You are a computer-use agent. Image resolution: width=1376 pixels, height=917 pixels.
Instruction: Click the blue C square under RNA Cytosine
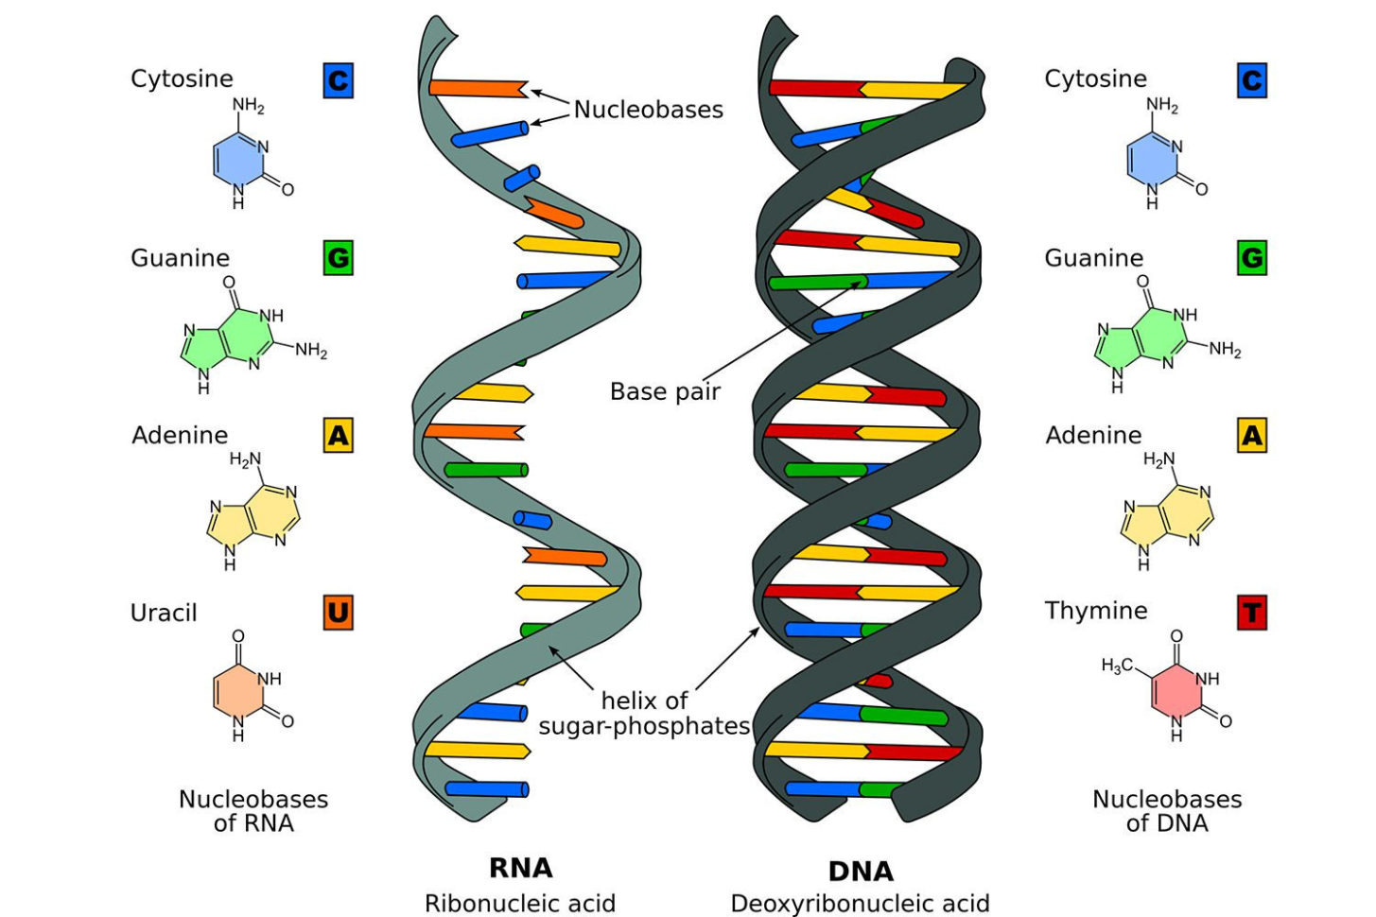point(338,80)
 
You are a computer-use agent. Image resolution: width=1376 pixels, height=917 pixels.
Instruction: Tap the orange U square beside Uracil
point(338,613)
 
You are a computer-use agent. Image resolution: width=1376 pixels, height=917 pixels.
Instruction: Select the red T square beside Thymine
point(1251,613)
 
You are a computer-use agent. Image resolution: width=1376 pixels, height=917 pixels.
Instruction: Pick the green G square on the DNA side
point(1251,258)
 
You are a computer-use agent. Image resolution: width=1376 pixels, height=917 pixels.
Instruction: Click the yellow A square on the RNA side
point(338,436)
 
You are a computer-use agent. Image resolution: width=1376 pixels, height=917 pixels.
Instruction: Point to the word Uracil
point(164,613)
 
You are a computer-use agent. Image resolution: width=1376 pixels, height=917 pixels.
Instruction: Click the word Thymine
point(1095,611)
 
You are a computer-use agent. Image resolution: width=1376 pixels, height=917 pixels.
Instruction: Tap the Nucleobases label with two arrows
point(648,110)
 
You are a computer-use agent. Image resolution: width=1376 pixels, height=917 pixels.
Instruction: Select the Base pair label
point(665,391)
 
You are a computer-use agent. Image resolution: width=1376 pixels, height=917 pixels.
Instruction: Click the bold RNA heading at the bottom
point(520,868)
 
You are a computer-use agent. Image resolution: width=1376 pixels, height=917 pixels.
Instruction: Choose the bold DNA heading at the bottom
point(860,871)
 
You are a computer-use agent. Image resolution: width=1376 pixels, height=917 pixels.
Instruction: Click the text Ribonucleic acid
point(519,904)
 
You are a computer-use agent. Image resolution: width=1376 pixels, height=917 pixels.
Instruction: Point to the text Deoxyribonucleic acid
point(860,904)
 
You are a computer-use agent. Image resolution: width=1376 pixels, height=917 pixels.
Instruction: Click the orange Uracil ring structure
point(237,690)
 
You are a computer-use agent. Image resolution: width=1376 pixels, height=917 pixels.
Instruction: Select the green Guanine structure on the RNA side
point(227,341)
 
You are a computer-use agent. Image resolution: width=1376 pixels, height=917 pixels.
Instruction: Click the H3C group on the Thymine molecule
point(1116,666)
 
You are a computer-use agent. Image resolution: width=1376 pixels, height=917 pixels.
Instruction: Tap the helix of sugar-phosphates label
point(644,713)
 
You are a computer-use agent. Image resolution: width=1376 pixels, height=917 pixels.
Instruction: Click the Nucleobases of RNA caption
point(253,811)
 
